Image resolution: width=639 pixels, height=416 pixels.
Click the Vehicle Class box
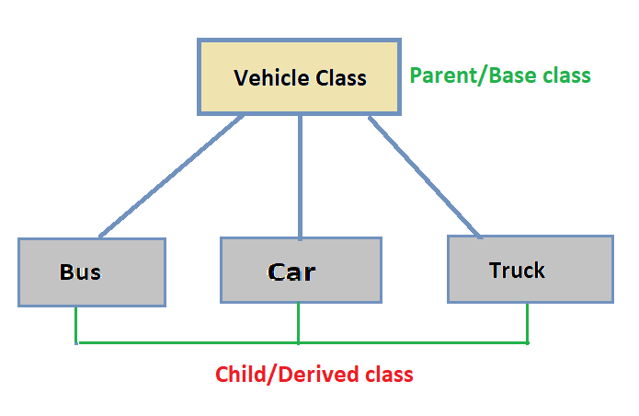tap(300, 77)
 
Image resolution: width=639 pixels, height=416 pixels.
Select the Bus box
tap(91, 272)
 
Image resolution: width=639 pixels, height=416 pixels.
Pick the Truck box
tap(530, 269)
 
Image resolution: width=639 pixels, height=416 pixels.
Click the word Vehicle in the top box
tap(268, 77)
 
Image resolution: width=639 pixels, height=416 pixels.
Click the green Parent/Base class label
tap(499, 75)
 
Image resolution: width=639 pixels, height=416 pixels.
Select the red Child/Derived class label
tap(314, 375)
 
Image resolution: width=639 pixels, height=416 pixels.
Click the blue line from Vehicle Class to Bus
tap(171, 177)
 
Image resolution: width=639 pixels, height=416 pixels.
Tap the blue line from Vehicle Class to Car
tap(300, 175)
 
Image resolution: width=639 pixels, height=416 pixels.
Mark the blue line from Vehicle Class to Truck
tap(425, 175)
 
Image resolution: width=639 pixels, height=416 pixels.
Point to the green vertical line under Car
tap(298, 322)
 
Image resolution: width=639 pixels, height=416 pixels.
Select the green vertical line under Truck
tap(527, 322)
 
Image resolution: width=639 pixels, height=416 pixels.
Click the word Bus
tap(81, 272)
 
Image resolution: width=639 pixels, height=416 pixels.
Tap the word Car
tap(291, 272)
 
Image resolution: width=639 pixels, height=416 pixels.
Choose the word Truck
tap(517, 270)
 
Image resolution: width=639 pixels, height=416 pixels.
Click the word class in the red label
tap(389, 375)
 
